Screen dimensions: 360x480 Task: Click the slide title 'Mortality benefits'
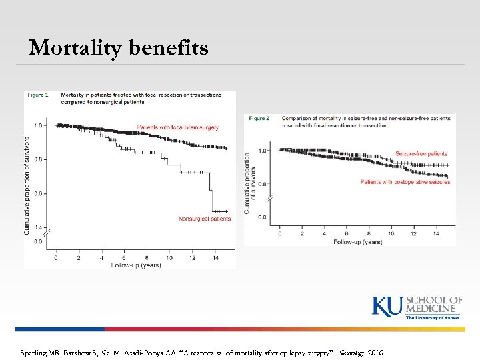point(119,48)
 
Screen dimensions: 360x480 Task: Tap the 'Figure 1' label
point(37,95)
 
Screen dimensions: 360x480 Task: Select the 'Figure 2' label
point(259,118)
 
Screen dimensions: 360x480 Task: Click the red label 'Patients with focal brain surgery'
point(177,127)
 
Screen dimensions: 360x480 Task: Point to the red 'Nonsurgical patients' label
point(205,219)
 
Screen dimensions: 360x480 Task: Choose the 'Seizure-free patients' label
point(421,154)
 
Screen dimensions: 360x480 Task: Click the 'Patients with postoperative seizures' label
point(405,181)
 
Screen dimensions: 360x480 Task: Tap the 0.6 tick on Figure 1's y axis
point(38,193)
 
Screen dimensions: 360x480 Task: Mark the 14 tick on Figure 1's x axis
point(215,257)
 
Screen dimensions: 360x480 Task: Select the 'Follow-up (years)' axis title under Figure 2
point(357,241)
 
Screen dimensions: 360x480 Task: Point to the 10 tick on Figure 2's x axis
point(391,234)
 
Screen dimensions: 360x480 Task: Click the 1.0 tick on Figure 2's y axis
point(262,151)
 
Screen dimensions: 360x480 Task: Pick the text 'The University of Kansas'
point(433,317)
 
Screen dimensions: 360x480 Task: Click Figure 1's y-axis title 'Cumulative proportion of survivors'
point(27,185)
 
